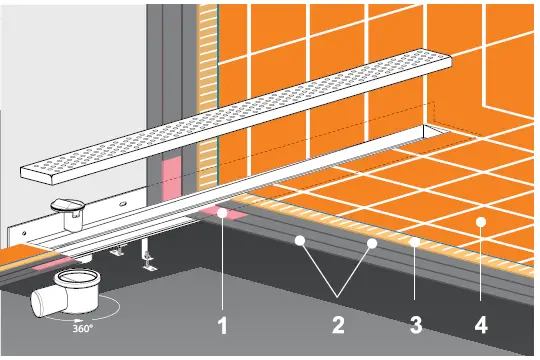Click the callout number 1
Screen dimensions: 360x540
click(225, 325)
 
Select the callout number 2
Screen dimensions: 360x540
click(337, 325)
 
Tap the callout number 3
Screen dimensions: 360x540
click(412, 325)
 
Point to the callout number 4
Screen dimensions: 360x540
click(482, 325)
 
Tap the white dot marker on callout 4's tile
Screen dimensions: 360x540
click(482, 221)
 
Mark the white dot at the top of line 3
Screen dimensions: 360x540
click(412, 241)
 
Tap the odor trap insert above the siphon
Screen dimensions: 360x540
click(68, 206)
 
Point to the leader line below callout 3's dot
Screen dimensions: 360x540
click(412, 275)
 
